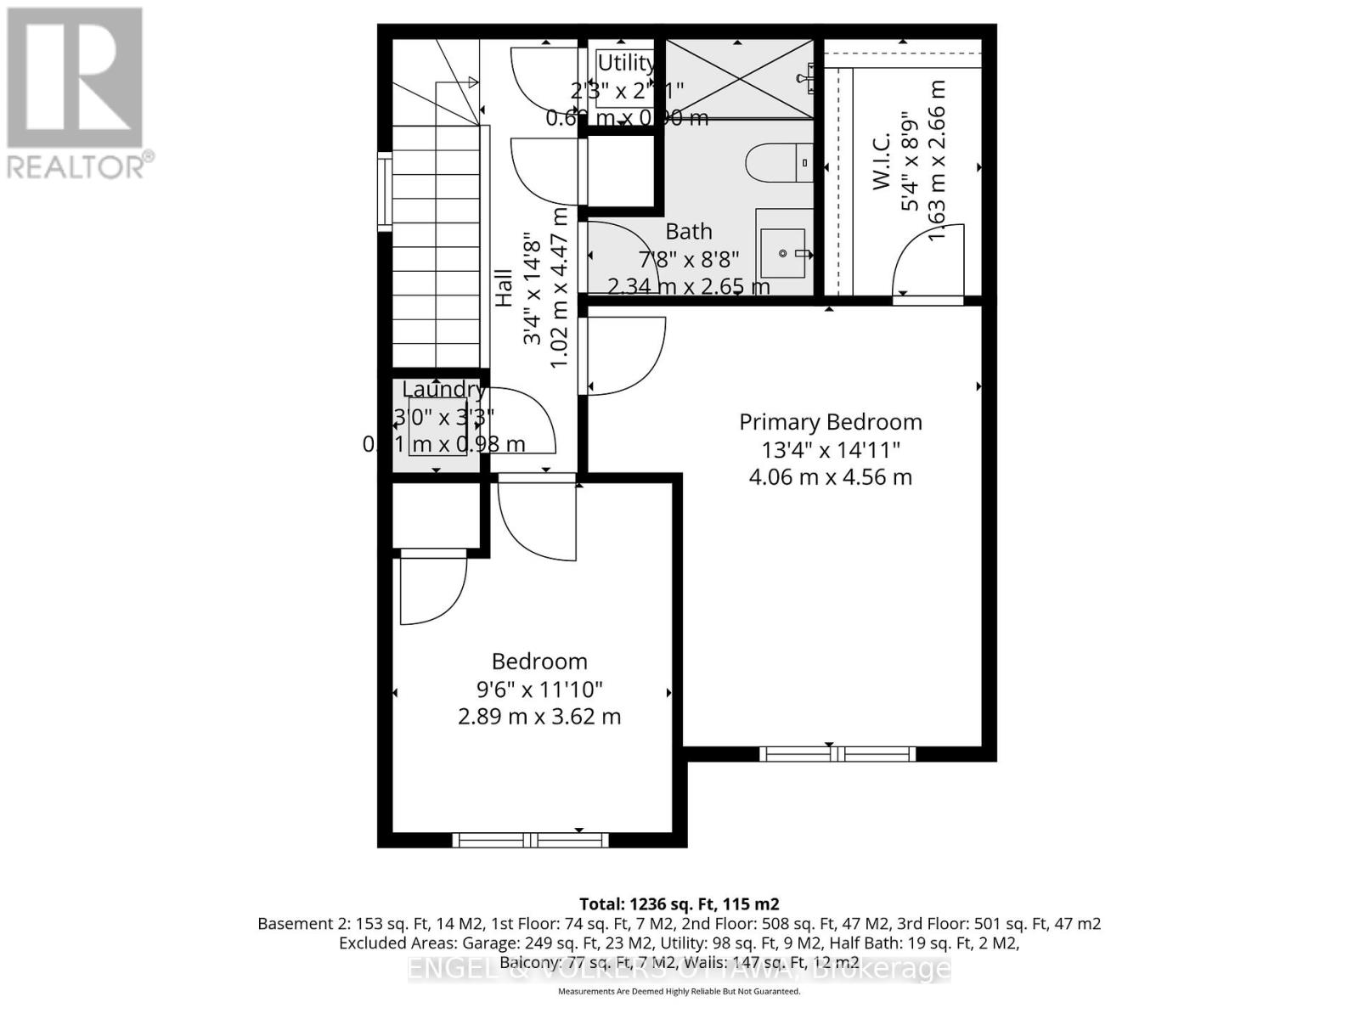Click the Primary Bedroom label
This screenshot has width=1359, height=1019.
(x=830, y=422)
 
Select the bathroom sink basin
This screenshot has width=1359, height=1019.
(x=782, y=253)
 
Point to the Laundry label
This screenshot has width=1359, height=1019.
(x=443, y=389)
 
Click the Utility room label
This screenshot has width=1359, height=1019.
(x=626, y=63)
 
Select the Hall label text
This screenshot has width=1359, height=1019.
(x=504, y=288)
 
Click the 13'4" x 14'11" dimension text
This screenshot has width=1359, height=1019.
(x=830, y=449)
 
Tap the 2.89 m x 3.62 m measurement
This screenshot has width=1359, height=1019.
(x=539, y=717)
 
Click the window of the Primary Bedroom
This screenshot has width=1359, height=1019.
(x=837, y=753)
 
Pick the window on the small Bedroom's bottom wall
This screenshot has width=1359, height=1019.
(x=530, y=840)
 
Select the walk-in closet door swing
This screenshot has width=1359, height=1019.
(x=928, y=262)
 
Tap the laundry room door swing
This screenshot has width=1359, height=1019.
(x=521, y=420)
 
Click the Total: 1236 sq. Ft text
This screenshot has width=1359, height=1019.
(x=679, y=904)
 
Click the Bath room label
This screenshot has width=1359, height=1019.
(x=688, y=231)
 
